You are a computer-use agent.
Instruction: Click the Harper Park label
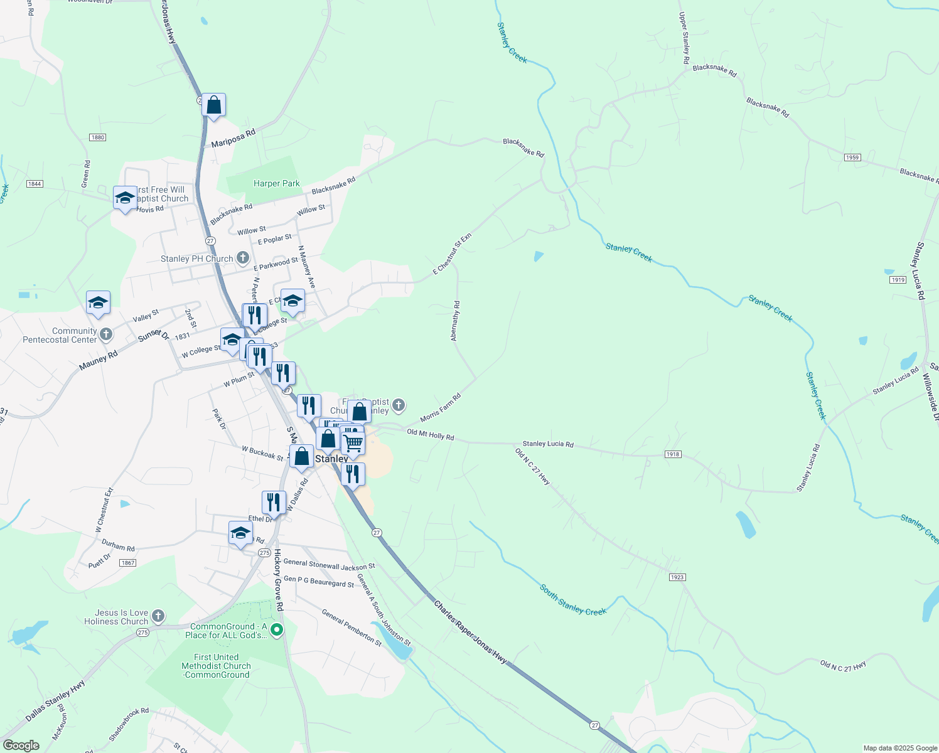[277, 183]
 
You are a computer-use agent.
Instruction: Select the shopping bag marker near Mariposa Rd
[213, 105]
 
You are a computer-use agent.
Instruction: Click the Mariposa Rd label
[233, 139]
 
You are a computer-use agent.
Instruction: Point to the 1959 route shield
[852, 158]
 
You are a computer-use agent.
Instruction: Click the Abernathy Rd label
[455, 321]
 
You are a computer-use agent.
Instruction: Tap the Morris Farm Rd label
[441, 408]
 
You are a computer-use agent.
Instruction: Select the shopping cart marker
[353, 442]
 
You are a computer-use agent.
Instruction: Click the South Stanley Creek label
[573, 600]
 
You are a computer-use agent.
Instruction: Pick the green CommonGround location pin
[276, 629]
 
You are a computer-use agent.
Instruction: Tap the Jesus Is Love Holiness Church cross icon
[158, 616]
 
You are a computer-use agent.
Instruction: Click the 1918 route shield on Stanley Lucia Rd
[672, 454]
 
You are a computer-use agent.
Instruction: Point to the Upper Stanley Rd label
[684, 38]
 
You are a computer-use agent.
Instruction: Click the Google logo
[21, 745]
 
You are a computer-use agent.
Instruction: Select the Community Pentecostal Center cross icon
[106, 334]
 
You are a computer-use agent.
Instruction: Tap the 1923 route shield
[677, 577]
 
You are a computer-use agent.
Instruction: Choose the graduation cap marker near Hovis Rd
[125, 198]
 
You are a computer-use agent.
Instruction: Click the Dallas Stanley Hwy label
[55, 700]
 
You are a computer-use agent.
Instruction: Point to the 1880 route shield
[97, 137]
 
